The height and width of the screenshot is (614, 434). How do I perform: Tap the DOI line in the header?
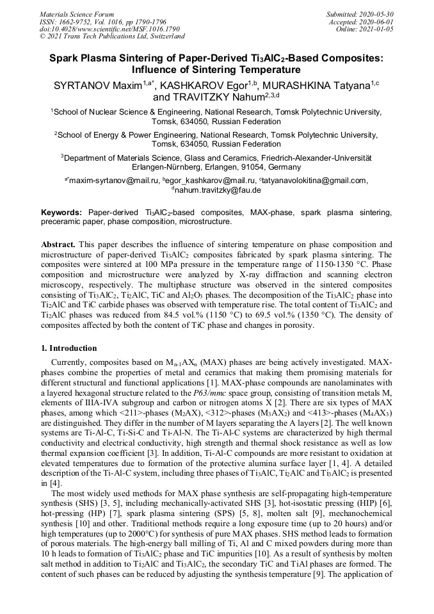109,29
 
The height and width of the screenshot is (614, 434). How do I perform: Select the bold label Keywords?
61,212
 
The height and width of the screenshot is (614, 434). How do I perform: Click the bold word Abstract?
58,245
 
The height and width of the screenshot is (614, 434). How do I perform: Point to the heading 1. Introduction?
69,348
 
